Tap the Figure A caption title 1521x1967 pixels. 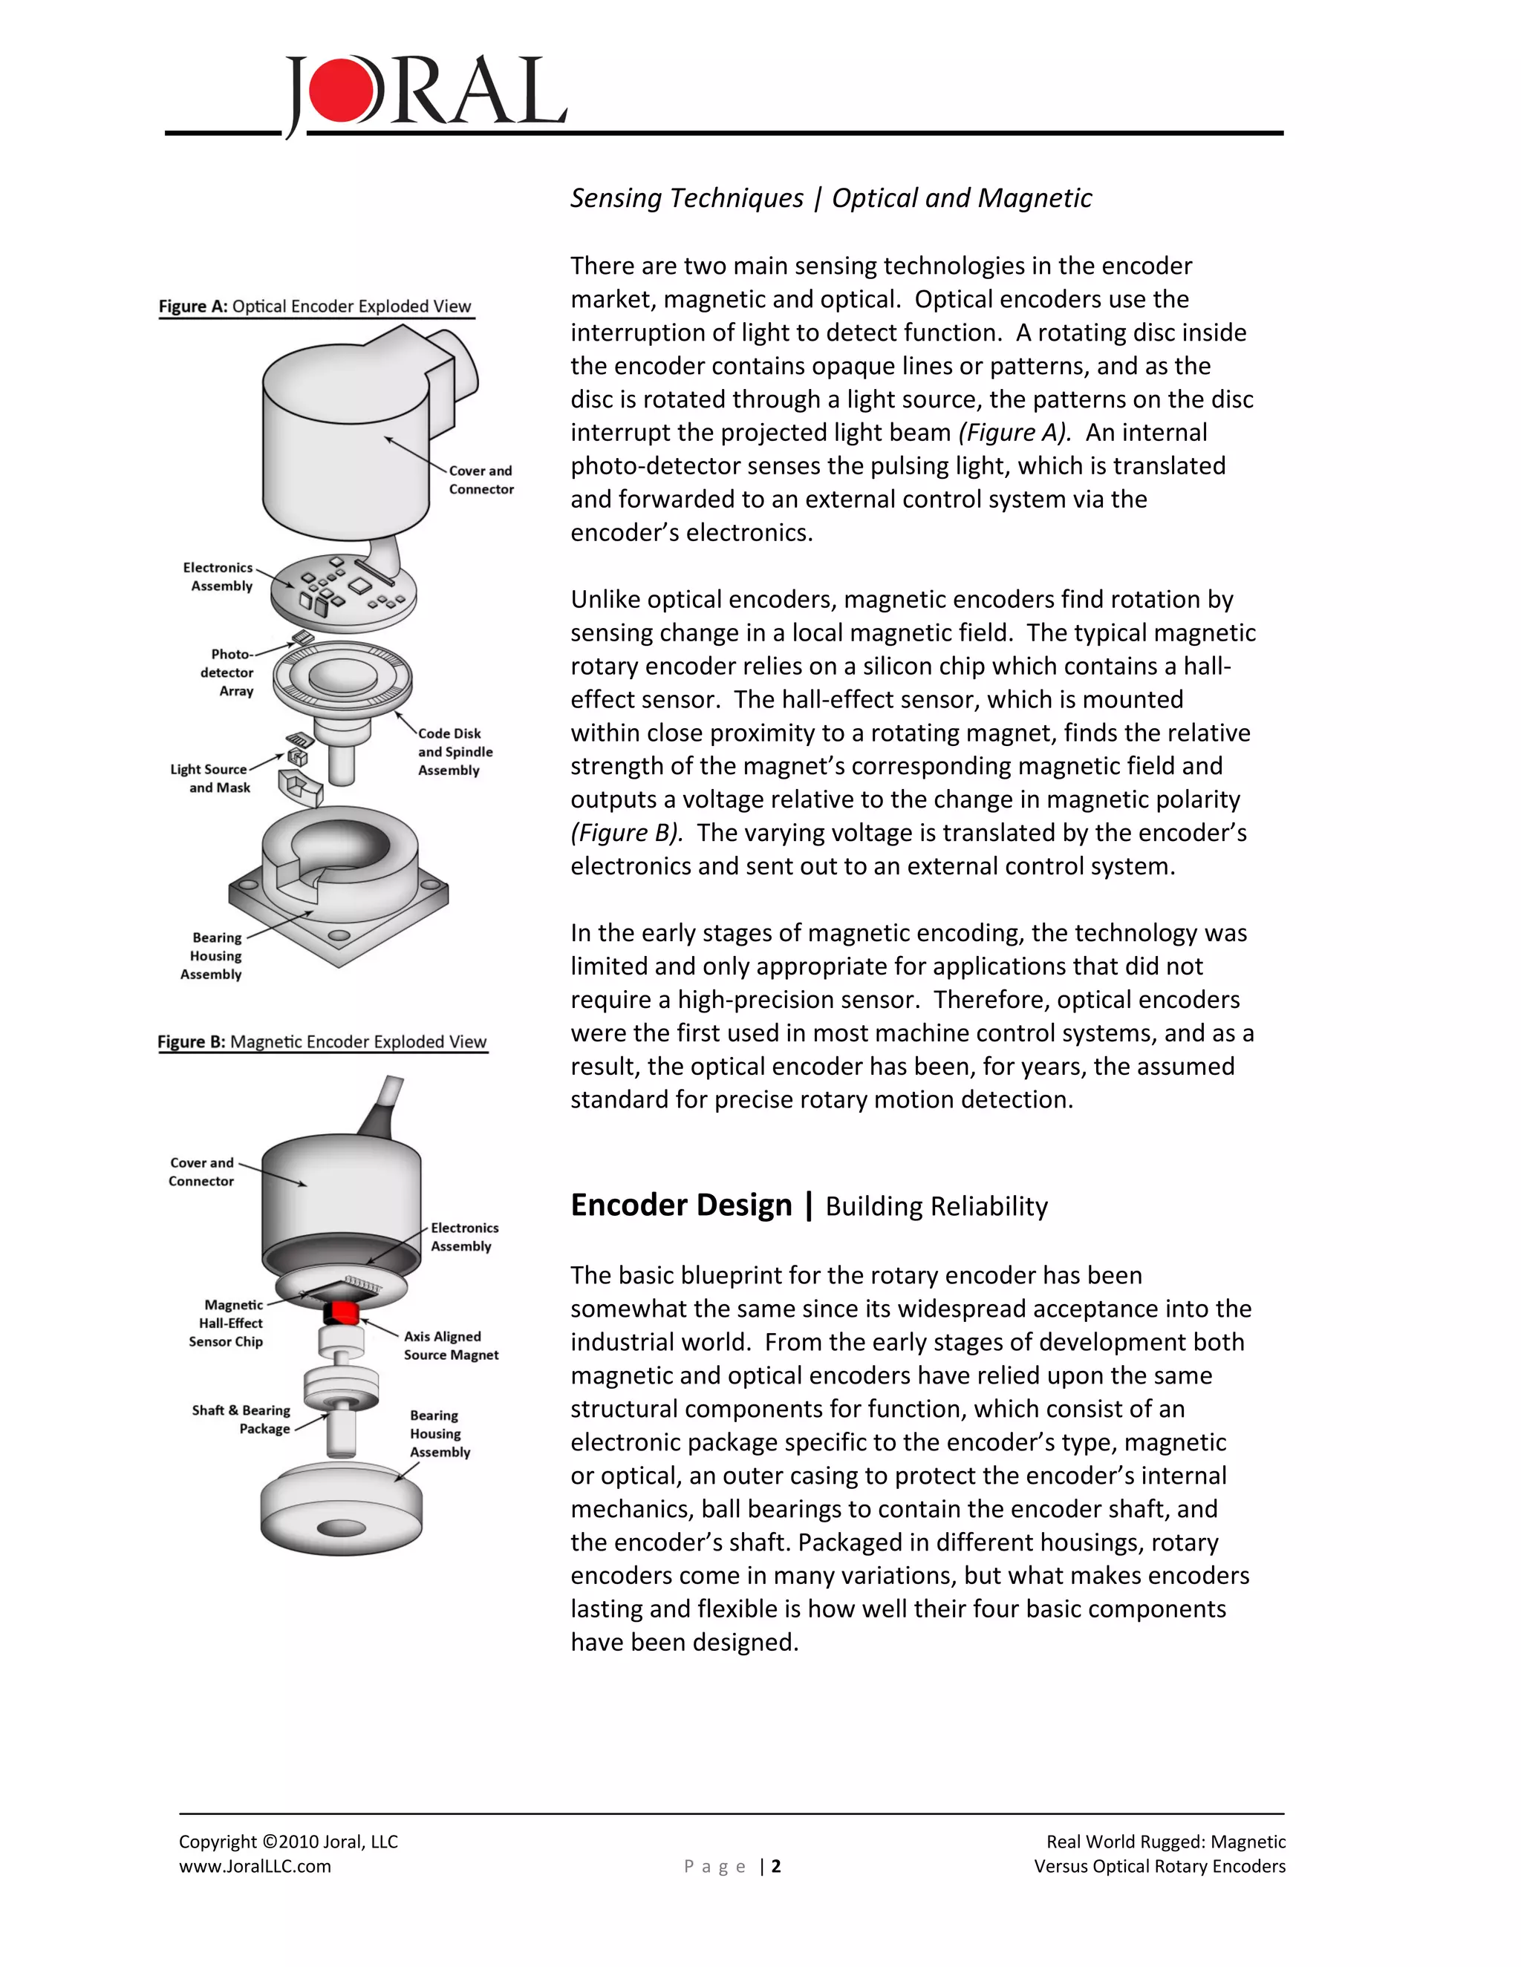[x=314, y=307]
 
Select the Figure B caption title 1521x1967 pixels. [x=322, y=1042]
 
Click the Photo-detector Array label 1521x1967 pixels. [x=228, y=672]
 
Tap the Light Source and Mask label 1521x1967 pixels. [x=210, y=778]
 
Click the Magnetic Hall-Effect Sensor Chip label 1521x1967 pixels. [x=227, y=1323]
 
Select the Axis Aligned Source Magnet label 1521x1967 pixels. [x=451, y=1346]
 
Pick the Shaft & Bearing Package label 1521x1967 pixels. [x=241, y=1419]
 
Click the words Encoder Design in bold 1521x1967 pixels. [x=681, y=1205]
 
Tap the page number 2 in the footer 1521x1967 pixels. [x=776, y=1866]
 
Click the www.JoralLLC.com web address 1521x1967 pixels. [x=255, y=1866]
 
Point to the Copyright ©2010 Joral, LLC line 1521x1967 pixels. [x=288, y=1842]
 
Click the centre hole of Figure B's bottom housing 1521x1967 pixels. [x=342, y=1528]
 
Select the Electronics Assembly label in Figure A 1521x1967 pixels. [x=219, y=577]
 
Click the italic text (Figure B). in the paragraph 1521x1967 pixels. [x=625, y=832]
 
